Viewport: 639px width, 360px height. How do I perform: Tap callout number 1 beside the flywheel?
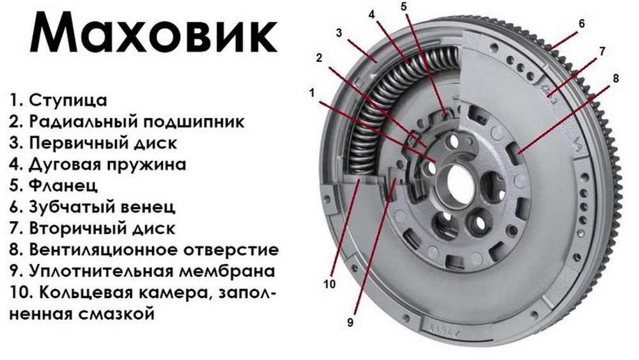pos(312,93)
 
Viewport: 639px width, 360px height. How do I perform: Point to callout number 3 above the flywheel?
pos(339,32)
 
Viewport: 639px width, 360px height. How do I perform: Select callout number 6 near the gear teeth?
pos(581,24)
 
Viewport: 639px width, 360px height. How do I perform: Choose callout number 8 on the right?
pos(615,78)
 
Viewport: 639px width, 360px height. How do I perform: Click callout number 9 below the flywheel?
pos(350,323)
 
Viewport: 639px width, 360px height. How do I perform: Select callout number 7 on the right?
pos(601,50)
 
